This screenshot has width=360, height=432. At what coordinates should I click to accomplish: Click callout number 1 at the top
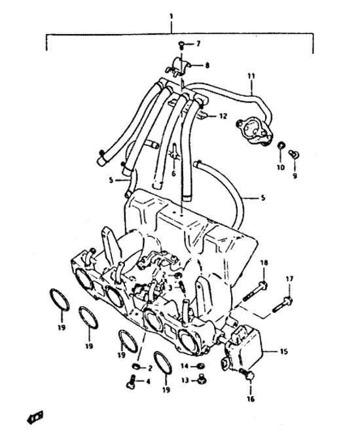point(171,16)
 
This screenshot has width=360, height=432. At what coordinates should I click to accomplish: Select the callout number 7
point(198,44)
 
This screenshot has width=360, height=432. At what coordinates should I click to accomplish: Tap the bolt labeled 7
point(181,45)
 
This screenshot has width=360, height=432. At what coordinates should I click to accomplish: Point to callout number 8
point(207,65)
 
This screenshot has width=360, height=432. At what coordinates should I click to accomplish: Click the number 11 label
point(251,76)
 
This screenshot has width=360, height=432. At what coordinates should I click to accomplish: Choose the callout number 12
point(223,117)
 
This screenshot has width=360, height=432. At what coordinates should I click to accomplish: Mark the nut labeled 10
point(281,145)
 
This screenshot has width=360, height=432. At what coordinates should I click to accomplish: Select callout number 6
point(173,173)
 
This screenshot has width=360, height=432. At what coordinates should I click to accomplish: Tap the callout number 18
point(264,263)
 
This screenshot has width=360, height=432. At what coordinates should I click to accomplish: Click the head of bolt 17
point(288,300)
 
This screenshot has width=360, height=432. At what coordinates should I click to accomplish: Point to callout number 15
point(283,351)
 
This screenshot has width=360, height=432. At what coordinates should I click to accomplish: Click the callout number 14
point(185,366)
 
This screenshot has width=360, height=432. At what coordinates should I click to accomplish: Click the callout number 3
point(170,288)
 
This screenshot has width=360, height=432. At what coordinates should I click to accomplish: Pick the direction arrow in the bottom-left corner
point(35,418)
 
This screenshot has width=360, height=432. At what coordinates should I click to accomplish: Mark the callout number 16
point(251,399)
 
